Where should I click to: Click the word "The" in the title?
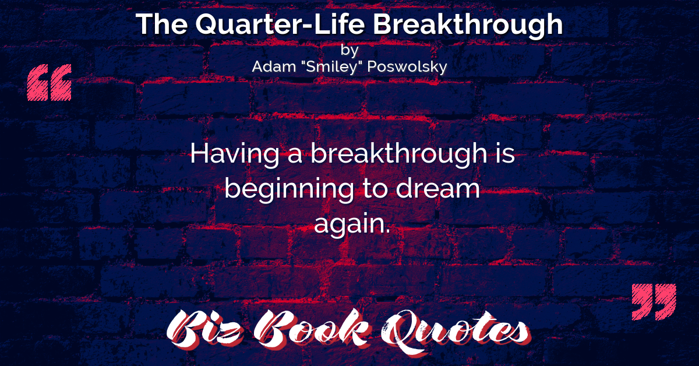tap(162, 24)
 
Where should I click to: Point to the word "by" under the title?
tap(349, 50)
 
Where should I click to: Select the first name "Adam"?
tap(274, 66)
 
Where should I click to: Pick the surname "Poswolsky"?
tap(407, 67)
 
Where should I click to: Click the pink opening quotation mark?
tap(49, 82)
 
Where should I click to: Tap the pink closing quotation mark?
tap(654, 302)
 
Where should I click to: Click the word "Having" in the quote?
tap(235, 154)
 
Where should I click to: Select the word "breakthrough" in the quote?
tap(399, 154)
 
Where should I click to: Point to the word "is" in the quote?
tap(504, 153)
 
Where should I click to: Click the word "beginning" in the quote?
tap(290, 189)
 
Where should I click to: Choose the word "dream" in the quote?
tap(438, 188)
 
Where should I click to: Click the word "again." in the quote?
tap(352, 225)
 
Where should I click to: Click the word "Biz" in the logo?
tap(204, 329)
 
